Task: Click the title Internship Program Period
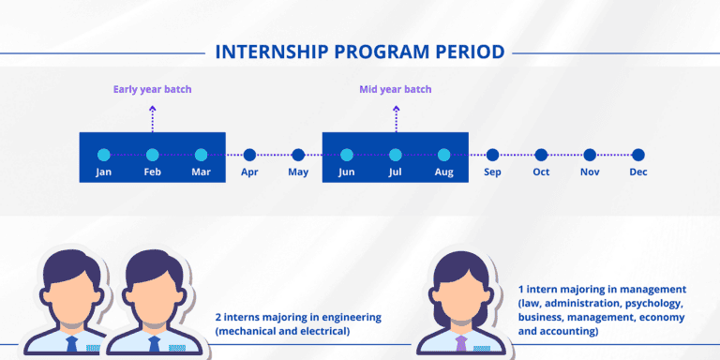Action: coord(360,51)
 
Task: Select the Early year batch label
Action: coord(152,90)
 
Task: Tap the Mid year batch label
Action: coord(395,90)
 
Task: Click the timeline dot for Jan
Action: coord(104,155)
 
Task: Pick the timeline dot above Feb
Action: coord(152,155)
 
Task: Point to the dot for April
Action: coord(249,155)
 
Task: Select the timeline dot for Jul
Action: coord(395,155)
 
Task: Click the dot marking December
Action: coord(637,155)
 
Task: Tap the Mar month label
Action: coord(201,172)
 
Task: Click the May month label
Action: coord(298,172)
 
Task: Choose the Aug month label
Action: coord(443,172)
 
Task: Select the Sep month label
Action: coord(492,172)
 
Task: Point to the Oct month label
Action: coord(541,172)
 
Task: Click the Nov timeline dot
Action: coord(590,155)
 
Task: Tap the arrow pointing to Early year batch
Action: coord(152,120)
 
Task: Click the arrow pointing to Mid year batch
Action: coord(395,120)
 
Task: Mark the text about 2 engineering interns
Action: coord(298,324)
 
